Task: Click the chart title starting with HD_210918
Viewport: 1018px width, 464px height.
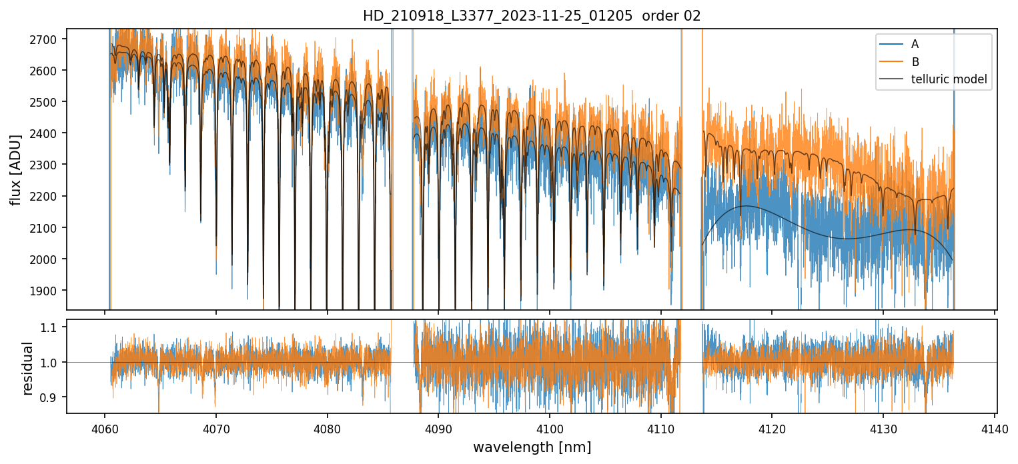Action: (x=532, y=16)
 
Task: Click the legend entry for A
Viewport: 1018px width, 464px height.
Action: (x=915, y=44)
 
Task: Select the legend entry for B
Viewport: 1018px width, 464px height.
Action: (x=915, y=62)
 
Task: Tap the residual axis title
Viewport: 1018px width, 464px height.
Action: (x=28, y=367)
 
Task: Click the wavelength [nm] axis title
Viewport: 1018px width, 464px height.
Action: (x=532, y=447)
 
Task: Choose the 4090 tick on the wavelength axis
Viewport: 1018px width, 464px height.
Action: (x=438, y=427)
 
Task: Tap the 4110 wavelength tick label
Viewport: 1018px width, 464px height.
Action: (x=660, y=427)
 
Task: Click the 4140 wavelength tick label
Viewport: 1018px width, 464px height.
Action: (x=994, y=427)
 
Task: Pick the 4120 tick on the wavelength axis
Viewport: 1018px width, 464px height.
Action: (x=772, y=427)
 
